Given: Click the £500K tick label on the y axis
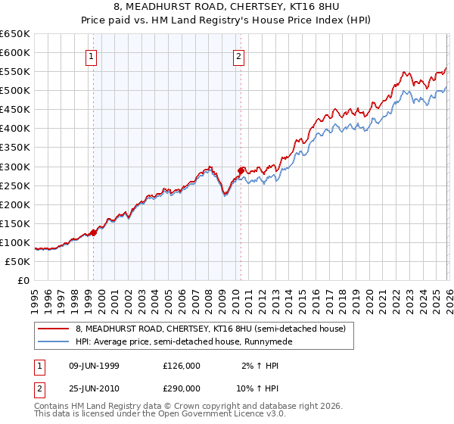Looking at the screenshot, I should (x=15, y=91).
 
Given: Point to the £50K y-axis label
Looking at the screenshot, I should (x=18, y=261).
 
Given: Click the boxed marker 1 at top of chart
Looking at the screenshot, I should (x=92, y=55).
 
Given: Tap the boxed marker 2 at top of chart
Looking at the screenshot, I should (x=239, y=55).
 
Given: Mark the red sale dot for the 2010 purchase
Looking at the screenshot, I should (x=241, y=170).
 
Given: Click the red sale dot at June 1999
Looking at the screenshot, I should (x=94, y=232).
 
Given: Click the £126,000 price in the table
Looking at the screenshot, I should (x=181, y=366).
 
